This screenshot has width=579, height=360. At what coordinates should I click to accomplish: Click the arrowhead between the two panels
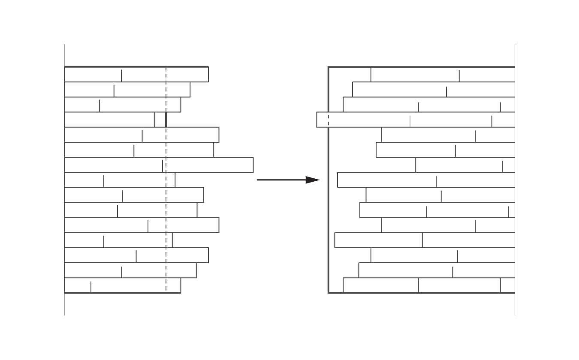point(314,180)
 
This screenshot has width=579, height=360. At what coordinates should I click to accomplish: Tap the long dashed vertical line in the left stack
point(166,193)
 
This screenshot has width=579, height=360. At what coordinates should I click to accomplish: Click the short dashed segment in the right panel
point(329,120)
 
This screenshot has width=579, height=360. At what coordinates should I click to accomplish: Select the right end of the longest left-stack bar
point(253,165)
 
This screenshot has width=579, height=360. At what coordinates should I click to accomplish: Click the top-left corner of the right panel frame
point(329,67)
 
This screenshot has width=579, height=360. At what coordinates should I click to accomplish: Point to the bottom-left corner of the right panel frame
point(329,293)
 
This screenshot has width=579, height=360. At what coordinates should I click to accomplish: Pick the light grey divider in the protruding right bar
point(410,121)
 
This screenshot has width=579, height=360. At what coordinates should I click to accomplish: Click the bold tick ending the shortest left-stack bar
point(166,120)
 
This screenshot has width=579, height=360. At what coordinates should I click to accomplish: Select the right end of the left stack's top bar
point(208,74)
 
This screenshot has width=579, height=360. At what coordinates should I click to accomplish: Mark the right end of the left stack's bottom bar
point(181,285)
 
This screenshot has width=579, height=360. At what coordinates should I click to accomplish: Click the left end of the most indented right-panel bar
point(416,165)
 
